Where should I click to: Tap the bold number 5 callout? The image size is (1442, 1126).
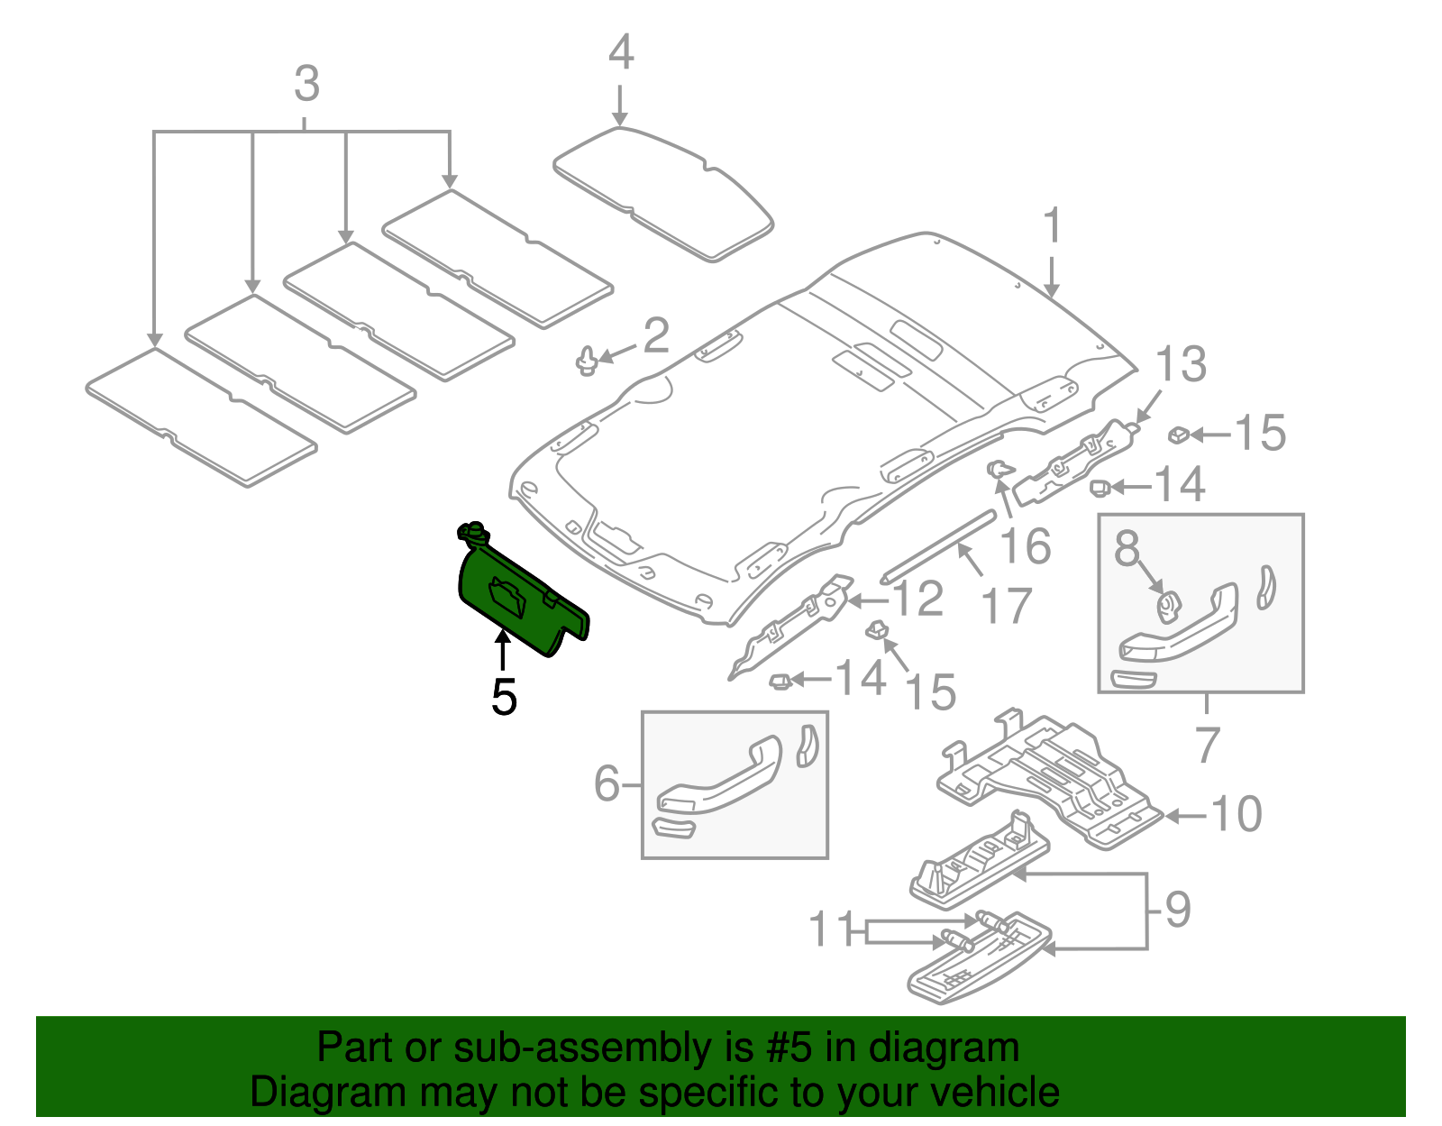(x=504, y=697)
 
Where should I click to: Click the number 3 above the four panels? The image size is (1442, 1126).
(x=306, y=84)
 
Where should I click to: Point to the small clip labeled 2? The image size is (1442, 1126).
(x=588, y=361)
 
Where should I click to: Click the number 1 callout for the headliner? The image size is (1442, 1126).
(x=1052, y=226)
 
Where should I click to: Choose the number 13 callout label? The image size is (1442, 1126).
(x=1180, y=364)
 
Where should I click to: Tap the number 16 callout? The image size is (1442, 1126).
(x=1026, y=546)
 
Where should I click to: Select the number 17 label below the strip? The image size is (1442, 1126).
(x=1007, y=606)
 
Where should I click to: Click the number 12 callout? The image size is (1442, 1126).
(x=917, y=599)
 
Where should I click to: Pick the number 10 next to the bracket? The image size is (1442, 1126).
(x=1237, y=814)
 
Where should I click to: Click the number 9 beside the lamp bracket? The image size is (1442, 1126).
(x=1177, y=909)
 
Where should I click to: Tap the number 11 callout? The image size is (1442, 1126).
(x=831, y=929)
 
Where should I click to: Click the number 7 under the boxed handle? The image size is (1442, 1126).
(x=1207, y=745)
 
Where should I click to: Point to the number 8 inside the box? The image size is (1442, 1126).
(x=1127, y=548)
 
